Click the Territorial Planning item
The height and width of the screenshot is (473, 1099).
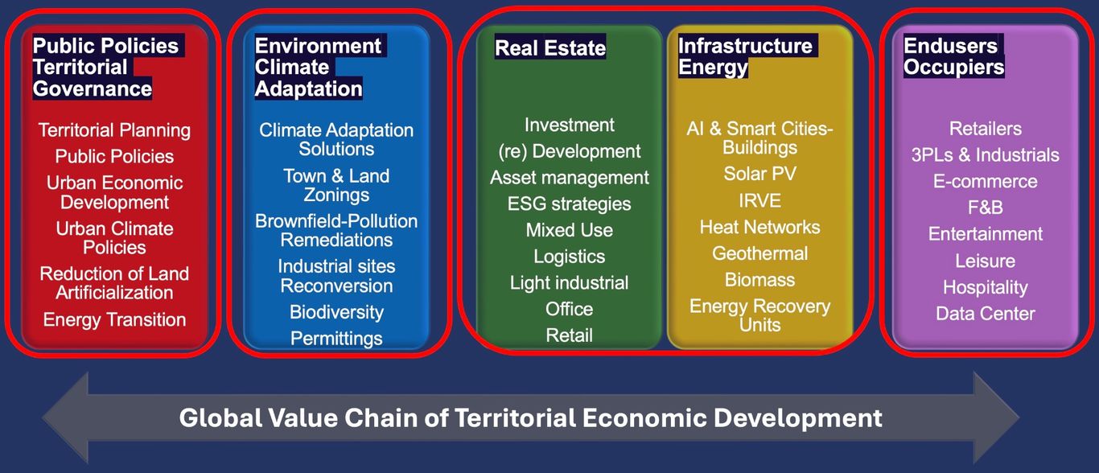tap(114, 130)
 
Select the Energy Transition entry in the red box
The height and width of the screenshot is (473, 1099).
tap(114, 320)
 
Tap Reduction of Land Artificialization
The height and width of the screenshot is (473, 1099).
tap(114, 283)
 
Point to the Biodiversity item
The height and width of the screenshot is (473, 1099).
tap(336, 313)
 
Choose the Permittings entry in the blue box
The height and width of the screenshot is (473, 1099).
tap(336, 339)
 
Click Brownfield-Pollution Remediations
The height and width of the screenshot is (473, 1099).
tap(336, 231)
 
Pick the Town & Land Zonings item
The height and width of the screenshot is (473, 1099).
tap(336, 186)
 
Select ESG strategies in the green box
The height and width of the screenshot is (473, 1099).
tap(569, 204)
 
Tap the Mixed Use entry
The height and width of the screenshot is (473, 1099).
tap(569, 230)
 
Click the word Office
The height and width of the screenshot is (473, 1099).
tap(569, 309)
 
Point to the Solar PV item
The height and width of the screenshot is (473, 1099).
tap(760, 174)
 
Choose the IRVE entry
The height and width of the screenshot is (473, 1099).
tap(760, 200)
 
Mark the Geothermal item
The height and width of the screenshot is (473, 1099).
tap(760, 253)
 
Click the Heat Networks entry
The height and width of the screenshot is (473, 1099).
tap(760, 227)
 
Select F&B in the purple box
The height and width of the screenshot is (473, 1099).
tap(986, 208)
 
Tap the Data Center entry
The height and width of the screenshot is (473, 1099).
tap(986, 314)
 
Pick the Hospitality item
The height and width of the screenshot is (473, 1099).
tap(986, 287)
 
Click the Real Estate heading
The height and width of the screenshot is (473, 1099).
tap(550, 48)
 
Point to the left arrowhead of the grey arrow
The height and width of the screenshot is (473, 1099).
tap(42, 417)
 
